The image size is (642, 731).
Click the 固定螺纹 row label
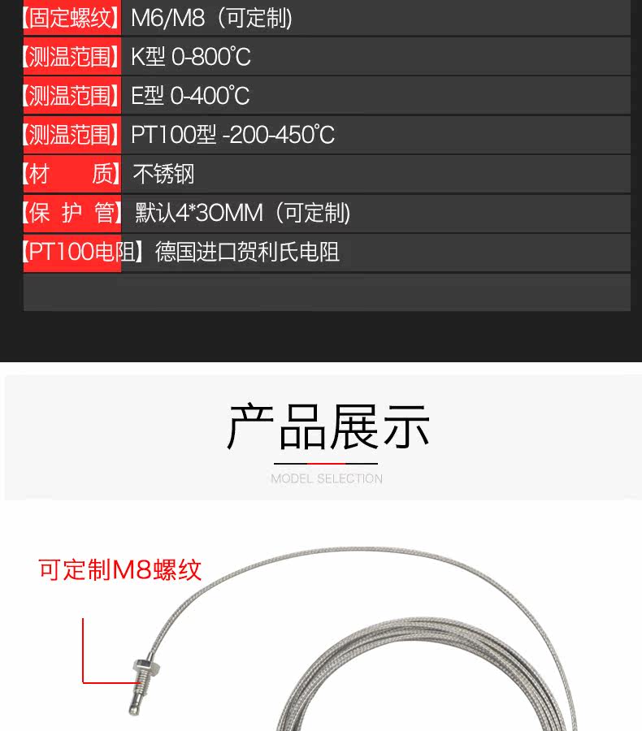tap(72, 18)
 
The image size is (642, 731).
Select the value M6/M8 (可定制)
tap(212, 18)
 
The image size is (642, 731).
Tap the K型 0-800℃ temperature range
tap(191, 57)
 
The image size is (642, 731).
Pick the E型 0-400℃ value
tap(190, 96)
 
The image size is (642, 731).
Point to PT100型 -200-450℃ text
tap(232, 135)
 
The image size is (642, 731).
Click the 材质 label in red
tap(72, 174)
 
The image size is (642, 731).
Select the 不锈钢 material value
tap(163, 174)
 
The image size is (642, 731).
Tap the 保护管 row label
tap(72, 213)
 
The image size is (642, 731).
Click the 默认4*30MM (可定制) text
tap(243, 213)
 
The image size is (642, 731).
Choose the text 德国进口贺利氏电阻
tap(247, 252)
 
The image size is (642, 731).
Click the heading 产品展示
tap(328, 426)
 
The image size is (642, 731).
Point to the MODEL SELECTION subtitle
tap(327, 478)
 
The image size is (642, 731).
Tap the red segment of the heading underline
tap(326, 464)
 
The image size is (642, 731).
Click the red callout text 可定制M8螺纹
tap(120, 569)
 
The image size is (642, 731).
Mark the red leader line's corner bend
tap(83, 683)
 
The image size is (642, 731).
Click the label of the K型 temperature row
tap(72, 57)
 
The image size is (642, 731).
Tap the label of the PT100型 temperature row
tap(72, 135)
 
